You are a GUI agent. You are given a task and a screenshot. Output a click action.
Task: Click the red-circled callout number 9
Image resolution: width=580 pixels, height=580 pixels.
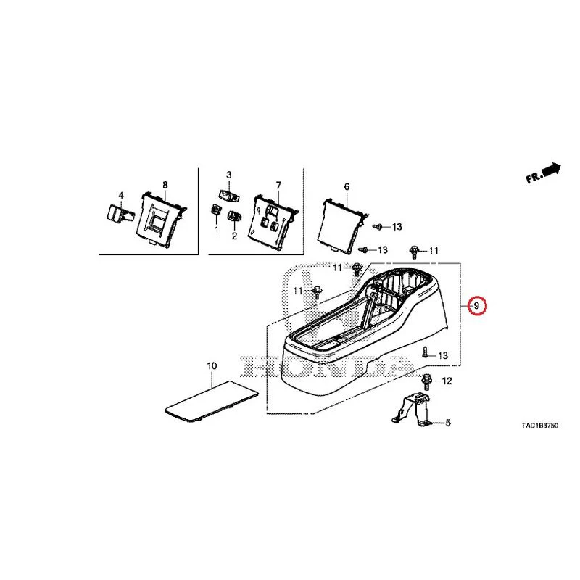coord(476,306)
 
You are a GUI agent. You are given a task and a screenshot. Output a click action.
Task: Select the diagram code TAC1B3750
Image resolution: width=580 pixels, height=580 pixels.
coord(539,426)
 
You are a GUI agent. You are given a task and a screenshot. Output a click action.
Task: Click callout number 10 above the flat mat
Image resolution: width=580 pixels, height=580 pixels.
coord(212,366)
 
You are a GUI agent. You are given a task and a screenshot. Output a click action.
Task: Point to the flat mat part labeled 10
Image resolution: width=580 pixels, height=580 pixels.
coord(211,402)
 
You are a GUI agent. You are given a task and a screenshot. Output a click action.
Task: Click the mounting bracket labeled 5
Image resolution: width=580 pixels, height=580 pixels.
coord(411,410)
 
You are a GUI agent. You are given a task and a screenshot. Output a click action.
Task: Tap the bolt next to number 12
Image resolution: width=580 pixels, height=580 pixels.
coord(426,381)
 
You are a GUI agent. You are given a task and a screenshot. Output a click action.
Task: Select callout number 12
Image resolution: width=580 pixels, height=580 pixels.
coord(447,381)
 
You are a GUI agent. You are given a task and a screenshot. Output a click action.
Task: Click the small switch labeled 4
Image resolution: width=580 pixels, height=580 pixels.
coord(120,213)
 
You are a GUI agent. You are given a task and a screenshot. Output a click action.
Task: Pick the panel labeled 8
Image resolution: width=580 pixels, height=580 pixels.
coord(161,220)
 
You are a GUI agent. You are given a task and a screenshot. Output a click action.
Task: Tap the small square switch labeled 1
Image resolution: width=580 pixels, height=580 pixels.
coord(215,210)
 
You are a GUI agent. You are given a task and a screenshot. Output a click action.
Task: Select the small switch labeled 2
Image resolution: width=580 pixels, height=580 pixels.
coord(234,216)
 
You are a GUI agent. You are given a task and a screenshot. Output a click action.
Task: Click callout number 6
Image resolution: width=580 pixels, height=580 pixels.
coord(347,187)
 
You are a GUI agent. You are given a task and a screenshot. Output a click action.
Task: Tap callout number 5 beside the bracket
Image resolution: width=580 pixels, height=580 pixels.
coord(448,423)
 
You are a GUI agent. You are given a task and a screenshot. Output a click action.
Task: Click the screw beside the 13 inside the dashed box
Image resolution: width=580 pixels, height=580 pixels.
coord(425,352)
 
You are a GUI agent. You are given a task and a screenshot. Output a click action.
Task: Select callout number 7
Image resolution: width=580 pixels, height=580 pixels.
coord(278,185)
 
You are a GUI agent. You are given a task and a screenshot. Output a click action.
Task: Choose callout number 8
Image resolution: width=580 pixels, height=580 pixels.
coord(165,185)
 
